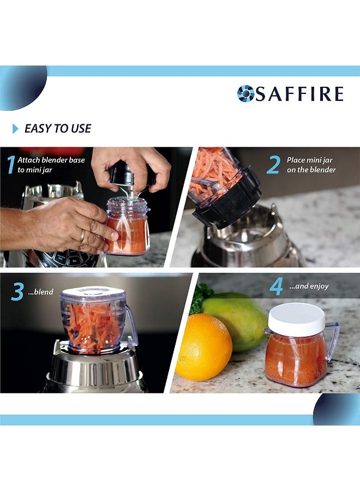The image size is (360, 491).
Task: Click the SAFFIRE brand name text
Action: point(299,94)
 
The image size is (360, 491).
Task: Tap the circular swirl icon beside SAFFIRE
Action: point(245,94)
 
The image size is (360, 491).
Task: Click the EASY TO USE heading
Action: point(58,129)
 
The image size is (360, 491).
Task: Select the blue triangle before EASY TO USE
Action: point(15,129)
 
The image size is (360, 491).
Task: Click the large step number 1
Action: point(10,165)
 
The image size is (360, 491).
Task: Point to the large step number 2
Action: point(273,165)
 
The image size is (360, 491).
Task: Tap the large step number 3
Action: point(17,292)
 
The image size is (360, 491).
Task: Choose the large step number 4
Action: point(276,286)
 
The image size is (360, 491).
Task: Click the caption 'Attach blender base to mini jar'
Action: point(51,165)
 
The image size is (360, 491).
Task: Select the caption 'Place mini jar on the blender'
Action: point(311,165)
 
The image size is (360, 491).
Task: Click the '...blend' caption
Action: point(41,292)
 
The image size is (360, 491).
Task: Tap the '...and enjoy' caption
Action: point(309,286)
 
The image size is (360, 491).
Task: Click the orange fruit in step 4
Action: point(203,346)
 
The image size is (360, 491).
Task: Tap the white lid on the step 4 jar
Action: point(296,319)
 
